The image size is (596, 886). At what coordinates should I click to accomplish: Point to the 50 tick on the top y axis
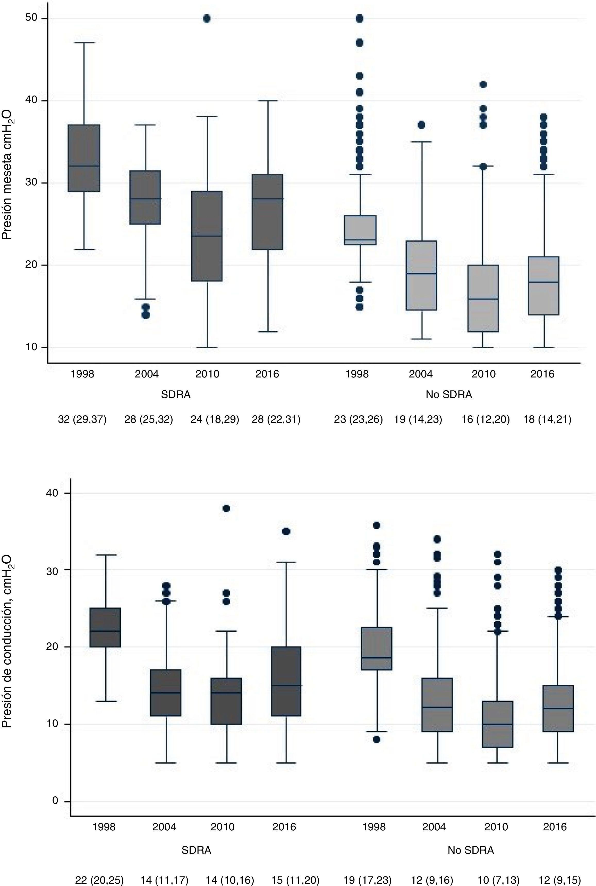[x=31, y=18]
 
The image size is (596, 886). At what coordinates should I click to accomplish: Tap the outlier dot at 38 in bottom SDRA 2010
[x=226, y=508]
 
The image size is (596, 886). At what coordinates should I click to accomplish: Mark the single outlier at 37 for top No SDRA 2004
[x=421, y=125]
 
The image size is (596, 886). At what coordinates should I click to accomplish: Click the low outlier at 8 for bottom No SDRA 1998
[x=376, y=739]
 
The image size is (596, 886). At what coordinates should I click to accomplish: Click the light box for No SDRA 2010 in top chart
[x=483, y=298]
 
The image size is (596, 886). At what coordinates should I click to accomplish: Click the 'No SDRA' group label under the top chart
[x=448, y=395]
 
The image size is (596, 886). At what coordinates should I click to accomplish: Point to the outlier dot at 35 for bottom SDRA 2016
[x=286, y=531]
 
